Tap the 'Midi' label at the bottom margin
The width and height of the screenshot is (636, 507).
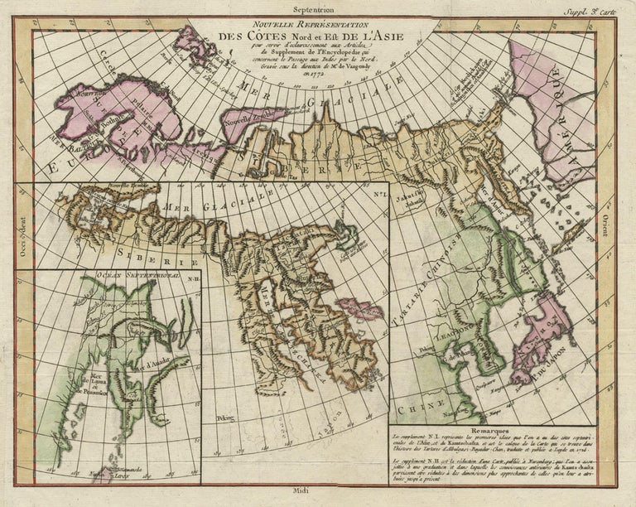[317, 492]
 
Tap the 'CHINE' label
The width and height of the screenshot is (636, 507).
[417, 409]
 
